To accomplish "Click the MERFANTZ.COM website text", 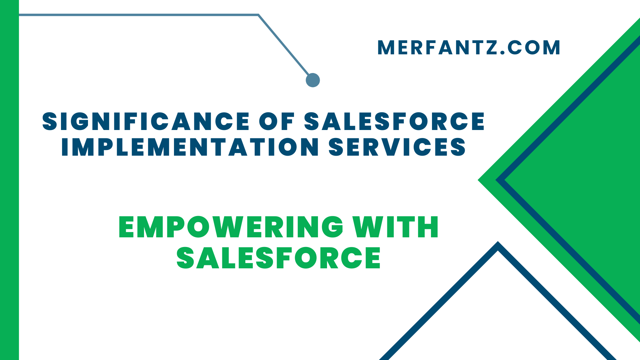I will (x=468, y=48).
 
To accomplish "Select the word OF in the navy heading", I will (x=277, y=121).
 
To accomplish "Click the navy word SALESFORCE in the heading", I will (x=394, y=121).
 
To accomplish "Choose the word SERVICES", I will (x=397, y=147).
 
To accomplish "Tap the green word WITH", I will (x=396, y=227).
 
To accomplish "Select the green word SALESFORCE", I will (x=279, y=258).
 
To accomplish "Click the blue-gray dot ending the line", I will (x=313, y=80).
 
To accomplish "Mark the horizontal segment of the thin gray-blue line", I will (x=133, y=15).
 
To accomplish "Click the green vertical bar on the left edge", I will (x=9, y=180).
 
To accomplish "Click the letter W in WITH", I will (x=365, y=227).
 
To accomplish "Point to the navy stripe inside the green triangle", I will (x=567, y=110).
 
